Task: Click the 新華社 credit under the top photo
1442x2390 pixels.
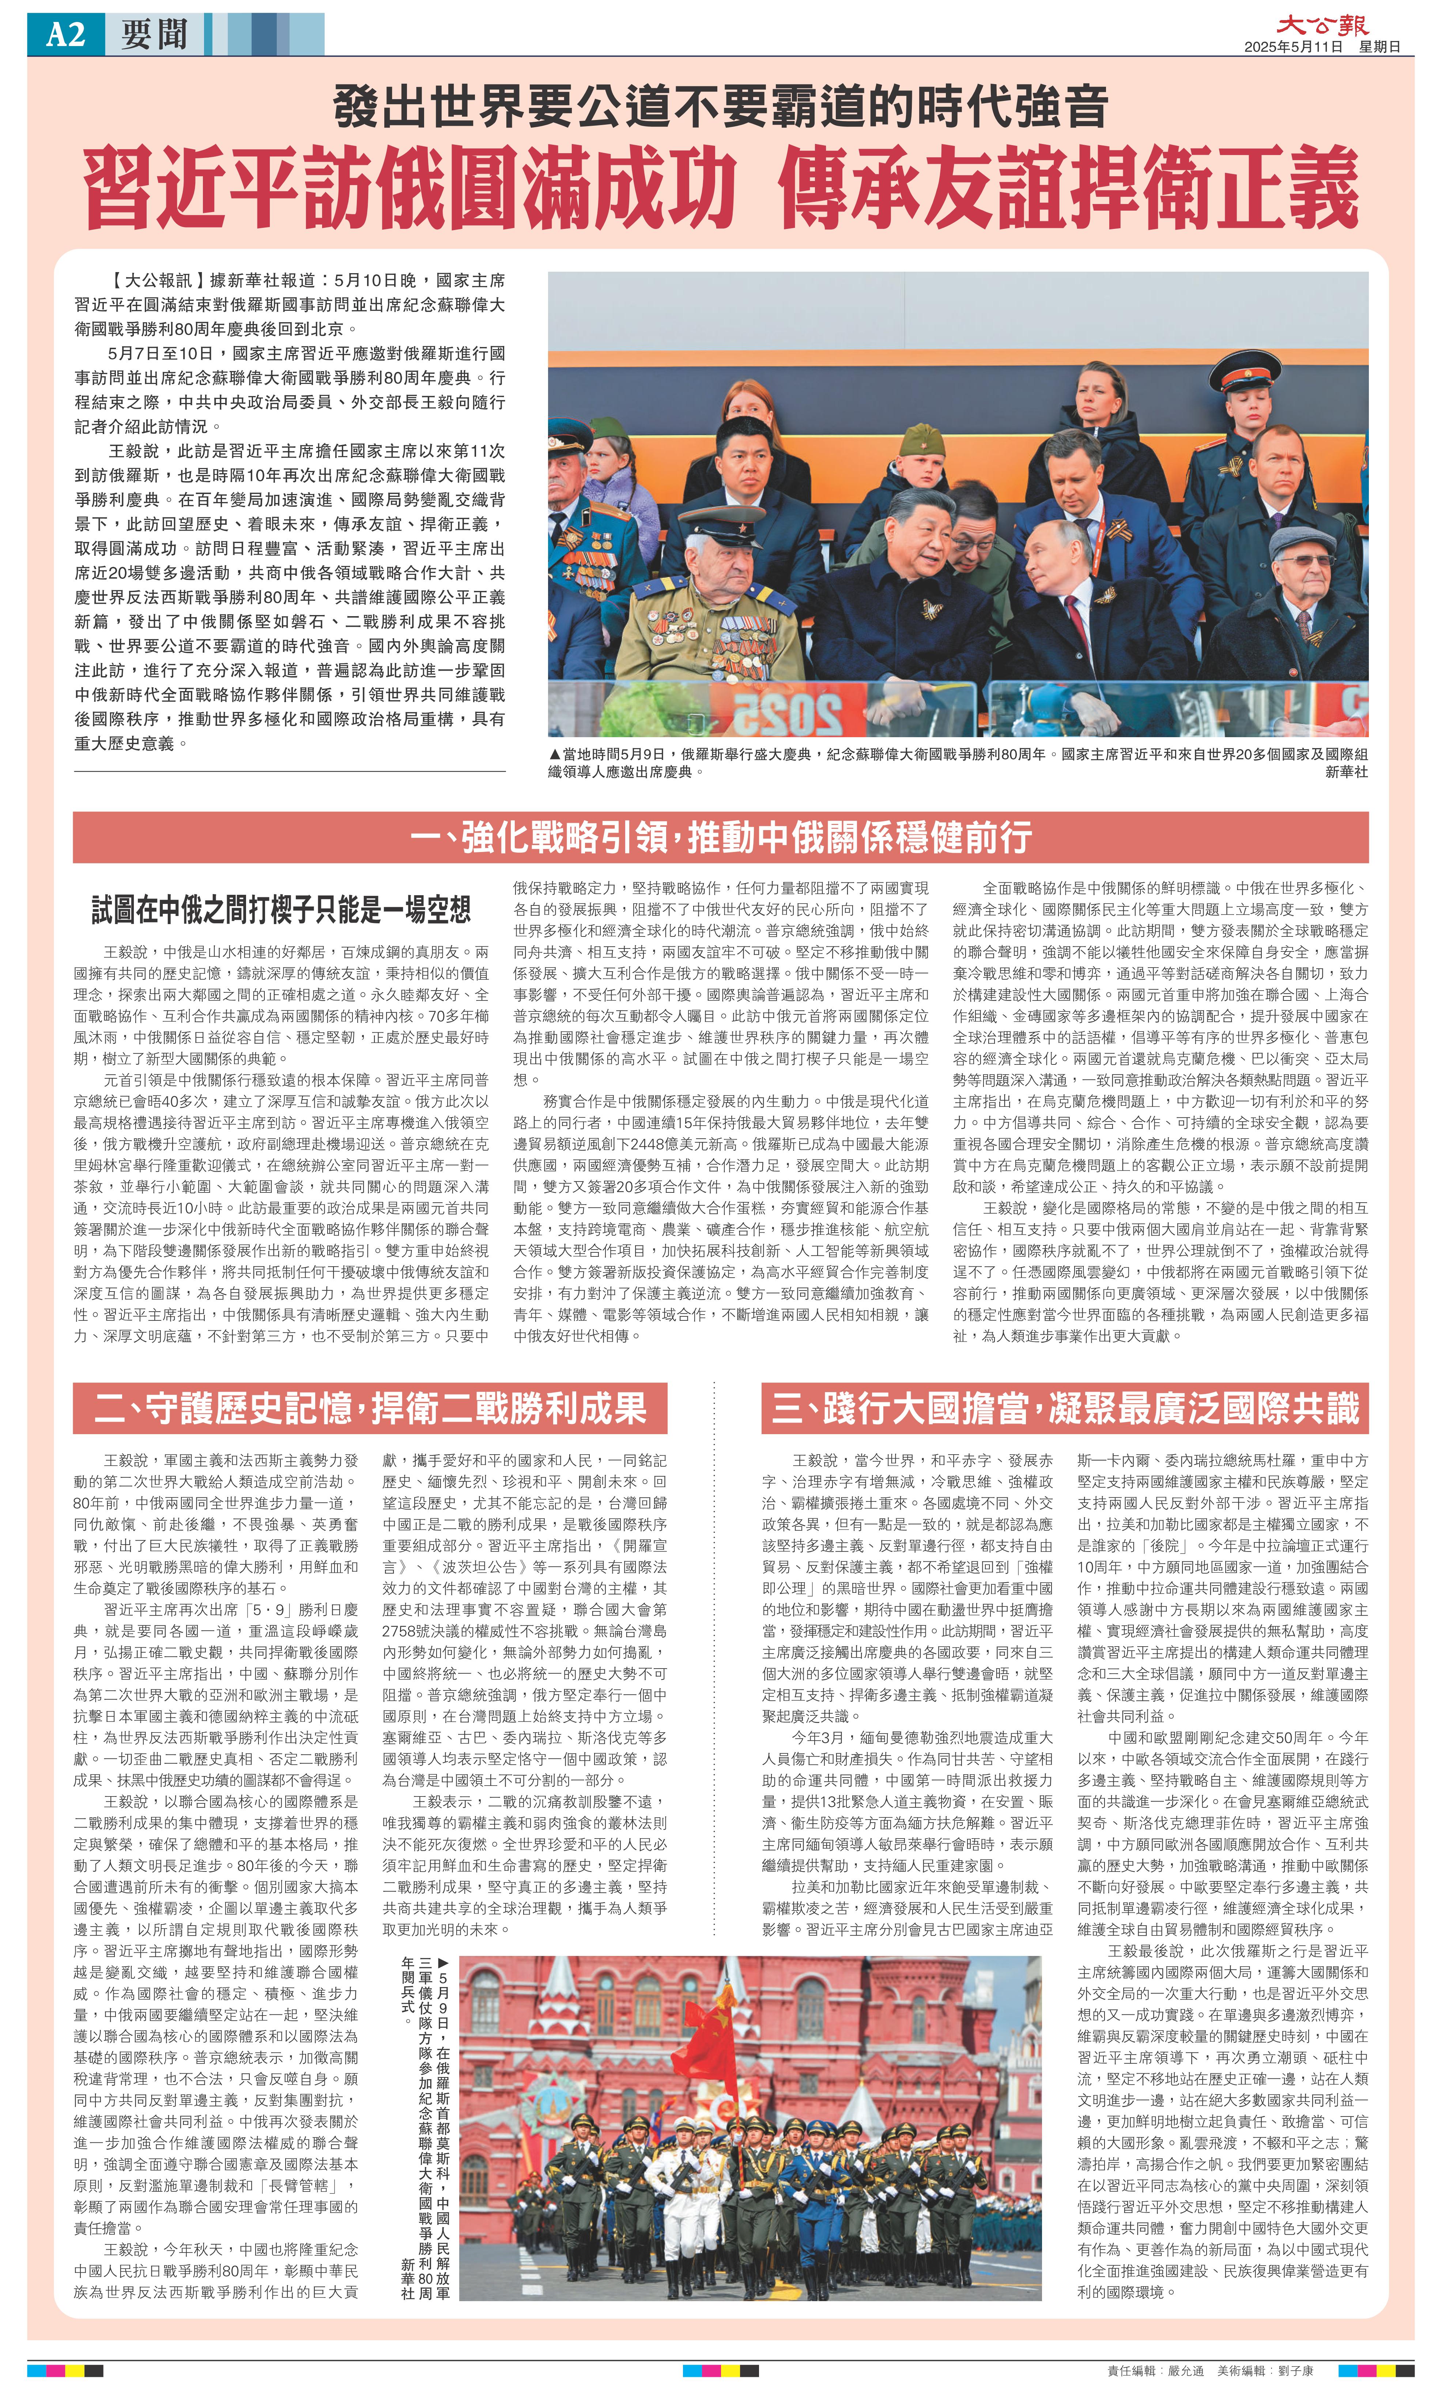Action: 1346,772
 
